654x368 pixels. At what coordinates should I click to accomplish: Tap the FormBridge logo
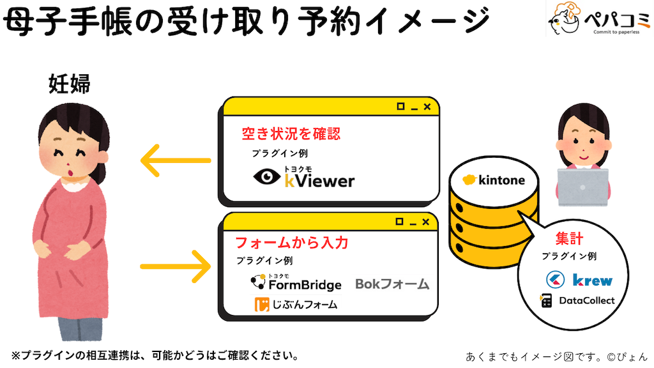coord(296,282)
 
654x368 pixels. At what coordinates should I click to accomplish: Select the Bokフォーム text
coord(392,283)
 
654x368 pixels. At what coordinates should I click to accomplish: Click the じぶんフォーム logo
coord(296,305)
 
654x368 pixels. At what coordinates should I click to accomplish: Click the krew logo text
coord(592,280)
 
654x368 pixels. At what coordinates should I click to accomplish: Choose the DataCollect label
coord(586,300)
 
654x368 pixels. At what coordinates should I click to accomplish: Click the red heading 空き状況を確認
coord(291,134)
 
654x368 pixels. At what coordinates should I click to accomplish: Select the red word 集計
coord(569,239)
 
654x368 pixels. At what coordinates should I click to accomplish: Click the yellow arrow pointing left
coord(175,160)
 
